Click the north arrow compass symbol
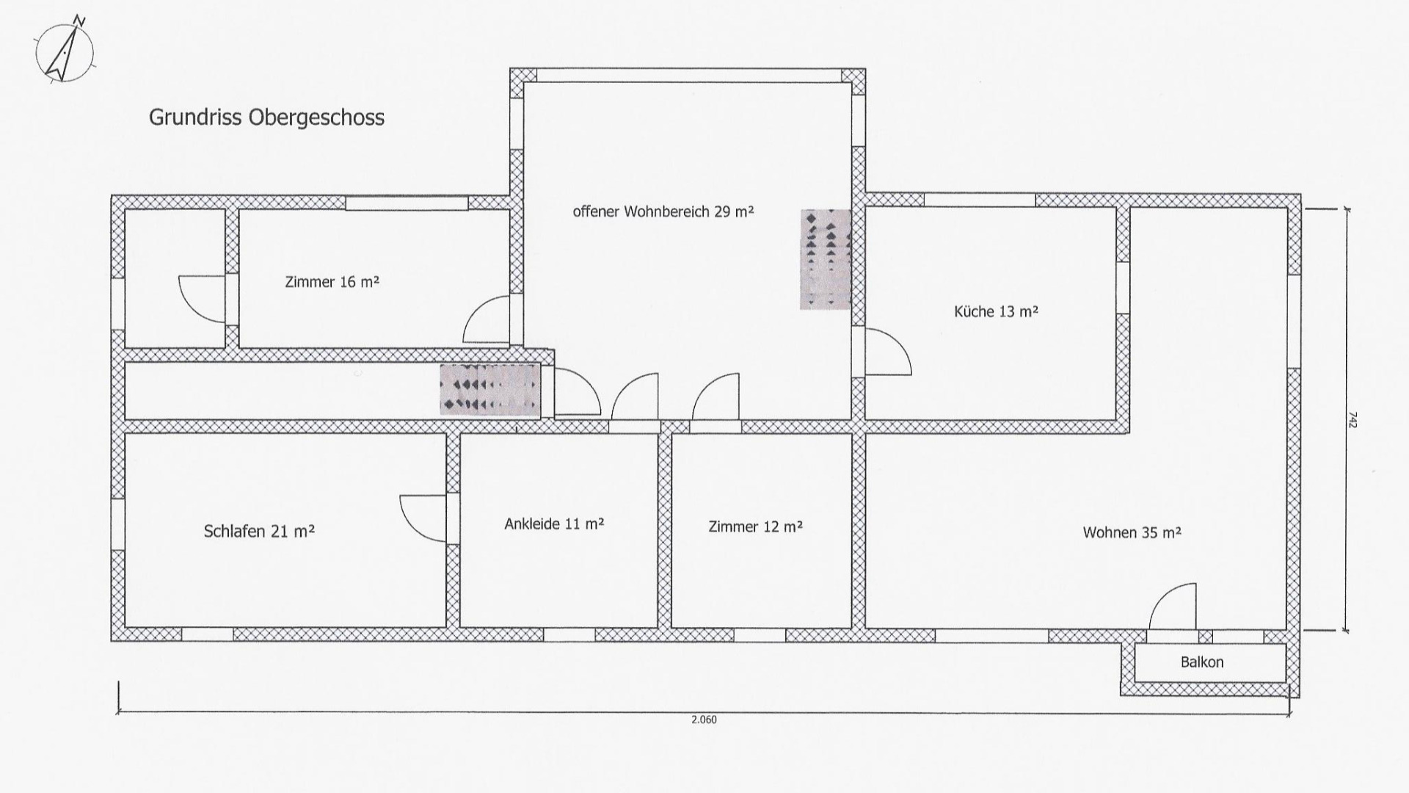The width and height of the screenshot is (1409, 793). coord(65,50)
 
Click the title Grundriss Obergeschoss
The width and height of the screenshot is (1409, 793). coord(266,117)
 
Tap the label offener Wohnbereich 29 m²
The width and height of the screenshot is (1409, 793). coord(663,211)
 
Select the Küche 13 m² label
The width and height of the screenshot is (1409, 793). coord(996,311)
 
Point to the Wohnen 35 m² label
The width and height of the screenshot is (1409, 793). coord(1132,532)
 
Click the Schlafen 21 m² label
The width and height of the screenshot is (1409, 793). coord(259,531)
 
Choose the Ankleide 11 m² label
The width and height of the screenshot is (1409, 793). coord(554,524)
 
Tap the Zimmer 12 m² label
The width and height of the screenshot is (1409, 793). coord(755,526)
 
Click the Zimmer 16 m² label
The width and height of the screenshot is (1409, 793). coord(332,281)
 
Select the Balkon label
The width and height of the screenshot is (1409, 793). coord(1202,662)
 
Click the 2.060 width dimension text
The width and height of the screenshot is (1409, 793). coord(704,720)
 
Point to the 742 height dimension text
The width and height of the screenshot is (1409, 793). coord(1352,419)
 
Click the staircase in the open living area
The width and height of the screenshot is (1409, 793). coord(826,259)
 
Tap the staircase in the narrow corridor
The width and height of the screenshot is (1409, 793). coord(490,388)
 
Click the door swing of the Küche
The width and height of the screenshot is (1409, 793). coord(888,352)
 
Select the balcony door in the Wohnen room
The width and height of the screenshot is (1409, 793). coord(1172,606)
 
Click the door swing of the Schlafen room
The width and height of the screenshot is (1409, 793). coord(423,518)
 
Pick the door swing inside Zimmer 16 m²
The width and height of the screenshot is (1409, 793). coord(486,319)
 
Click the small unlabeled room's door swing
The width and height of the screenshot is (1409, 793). coord(202,299)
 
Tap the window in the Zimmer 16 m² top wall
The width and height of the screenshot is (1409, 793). coord(407,203)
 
